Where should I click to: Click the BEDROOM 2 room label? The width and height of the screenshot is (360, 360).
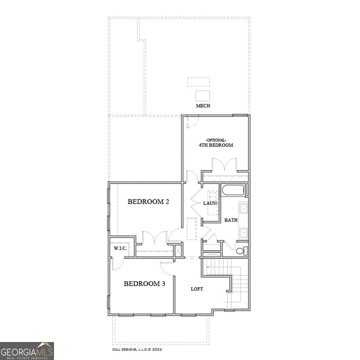[x=148, y=202]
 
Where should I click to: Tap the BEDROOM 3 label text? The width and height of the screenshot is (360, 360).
[x=144, y=283]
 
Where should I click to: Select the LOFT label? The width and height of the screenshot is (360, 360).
[x=197, y=289]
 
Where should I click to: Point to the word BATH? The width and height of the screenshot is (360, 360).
[x=231, y=220]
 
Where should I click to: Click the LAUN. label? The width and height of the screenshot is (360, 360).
[x=210, y=203]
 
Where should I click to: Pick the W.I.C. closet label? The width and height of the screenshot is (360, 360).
[x=120, y=248]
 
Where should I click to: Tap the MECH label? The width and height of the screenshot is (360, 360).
[x=202, y=106]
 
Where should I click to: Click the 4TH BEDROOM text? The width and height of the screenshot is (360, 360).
[x=216, y=145]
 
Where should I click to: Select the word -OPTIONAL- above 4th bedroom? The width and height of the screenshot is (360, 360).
[x=216, y=139]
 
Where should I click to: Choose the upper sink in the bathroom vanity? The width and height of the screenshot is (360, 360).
[x=243, y=208]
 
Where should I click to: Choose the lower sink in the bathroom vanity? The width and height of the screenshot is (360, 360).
[x=243, y=232]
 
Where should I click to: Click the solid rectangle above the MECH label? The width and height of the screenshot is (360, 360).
[x=202, y=95]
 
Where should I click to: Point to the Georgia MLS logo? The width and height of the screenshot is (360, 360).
[x=27, y=351]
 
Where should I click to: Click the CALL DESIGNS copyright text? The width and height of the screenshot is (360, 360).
[x=137, y=349]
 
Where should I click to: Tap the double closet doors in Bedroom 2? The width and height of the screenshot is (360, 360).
[x=149, y=239]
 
